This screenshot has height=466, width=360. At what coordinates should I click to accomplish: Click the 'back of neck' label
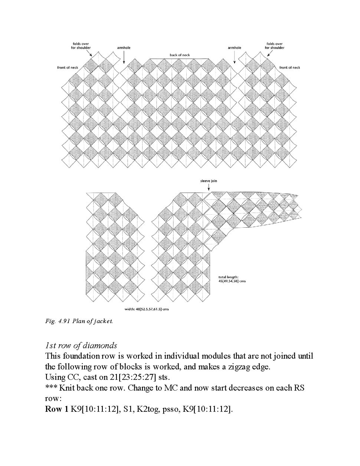point(180,55)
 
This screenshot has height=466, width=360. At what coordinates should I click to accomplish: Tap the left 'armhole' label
point(124,48)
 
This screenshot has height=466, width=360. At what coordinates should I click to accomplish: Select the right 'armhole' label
point(234,48)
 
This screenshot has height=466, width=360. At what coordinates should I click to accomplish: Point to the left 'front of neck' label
point(68,68)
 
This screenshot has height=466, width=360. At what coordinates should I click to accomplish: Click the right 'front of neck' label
point(289,68)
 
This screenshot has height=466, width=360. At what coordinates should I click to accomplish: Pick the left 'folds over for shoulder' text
point(81,46)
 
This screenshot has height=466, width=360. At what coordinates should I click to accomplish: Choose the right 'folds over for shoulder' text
point(275,46)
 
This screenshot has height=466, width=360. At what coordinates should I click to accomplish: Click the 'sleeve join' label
point(209,181)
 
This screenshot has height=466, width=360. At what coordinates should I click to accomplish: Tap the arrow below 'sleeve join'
point(209,188)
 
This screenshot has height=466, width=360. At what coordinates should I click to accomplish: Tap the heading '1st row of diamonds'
point(81,346)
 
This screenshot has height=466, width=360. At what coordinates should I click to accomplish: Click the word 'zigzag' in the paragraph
point(230,367)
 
